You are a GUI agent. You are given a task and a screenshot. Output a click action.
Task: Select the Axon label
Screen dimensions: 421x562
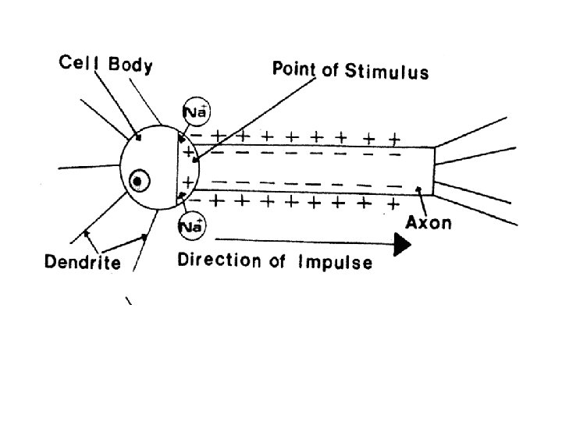pos(428,223)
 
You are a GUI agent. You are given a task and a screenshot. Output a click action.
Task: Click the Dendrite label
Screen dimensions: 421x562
pos(82,262)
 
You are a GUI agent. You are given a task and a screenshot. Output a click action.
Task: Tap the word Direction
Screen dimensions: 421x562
pos(215,260)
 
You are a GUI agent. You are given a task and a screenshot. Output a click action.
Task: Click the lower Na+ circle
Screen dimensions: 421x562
pos(191,225)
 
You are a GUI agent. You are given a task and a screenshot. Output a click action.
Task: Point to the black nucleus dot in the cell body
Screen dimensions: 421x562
pos(138,182)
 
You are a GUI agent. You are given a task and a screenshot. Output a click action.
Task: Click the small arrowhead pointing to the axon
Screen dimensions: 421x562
pos(421,189)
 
